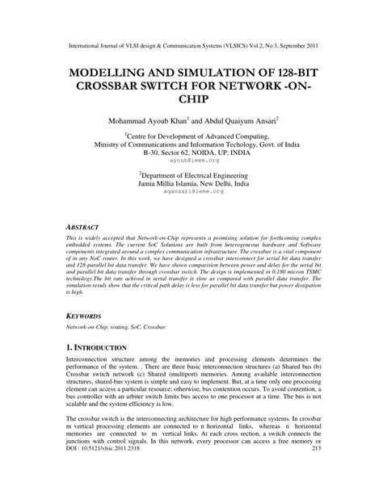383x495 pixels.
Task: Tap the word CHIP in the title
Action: point(191,99)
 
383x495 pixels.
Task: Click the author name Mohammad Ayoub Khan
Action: point(143,120)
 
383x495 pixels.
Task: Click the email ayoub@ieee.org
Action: point(191,160)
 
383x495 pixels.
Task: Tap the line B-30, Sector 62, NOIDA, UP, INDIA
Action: point(191,152)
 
